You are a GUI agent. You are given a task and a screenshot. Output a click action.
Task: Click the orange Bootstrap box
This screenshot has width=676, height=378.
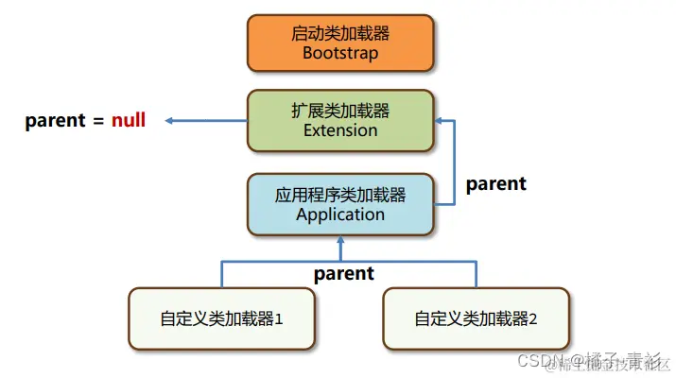[x=340, y=43]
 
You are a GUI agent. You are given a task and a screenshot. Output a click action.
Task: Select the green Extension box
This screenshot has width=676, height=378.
[x=340, y=120]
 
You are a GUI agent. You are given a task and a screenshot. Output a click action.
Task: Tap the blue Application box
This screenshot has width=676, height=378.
[x=340, y=204]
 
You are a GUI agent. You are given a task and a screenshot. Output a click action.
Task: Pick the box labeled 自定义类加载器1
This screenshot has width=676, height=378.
[x=222, y=318]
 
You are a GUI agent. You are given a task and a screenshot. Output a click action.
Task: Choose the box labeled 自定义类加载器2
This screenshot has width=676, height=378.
[x=476, y=318]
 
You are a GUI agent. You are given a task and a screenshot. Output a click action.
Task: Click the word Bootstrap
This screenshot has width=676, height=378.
[x=340, y=53]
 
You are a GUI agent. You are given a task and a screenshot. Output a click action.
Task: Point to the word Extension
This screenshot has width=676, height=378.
[x=340, y=130]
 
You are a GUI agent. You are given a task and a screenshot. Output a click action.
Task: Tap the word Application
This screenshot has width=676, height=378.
[x=340, y=215]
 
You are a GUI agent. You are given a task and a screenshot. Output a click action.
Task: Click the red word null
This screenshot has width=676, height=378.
[x=129, y=120]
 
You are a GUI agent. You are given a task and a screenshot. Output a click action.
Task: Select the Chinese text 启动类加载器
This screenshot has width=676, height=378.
[x=340, y=34]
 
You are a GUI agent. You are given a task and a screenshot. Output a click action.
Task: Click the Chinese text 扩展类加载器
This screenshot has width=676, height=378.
[x=340, y=111]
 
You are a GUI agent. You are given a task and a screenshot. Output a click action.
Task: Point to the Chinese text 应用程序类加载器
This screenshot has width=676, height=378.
[x=340, y=195]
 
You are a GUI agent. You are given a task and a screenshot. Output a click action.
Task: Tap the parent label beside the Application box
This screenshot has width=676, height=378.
[x=496, y=183]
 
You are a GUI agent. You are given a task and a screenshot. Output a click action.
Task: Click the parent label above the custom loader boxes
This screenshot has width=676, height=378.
[x=344, y=274]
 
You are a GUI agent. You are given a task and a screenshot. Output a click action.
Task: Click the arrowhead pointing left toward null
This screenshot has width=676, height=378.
[x=168, y=120]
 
